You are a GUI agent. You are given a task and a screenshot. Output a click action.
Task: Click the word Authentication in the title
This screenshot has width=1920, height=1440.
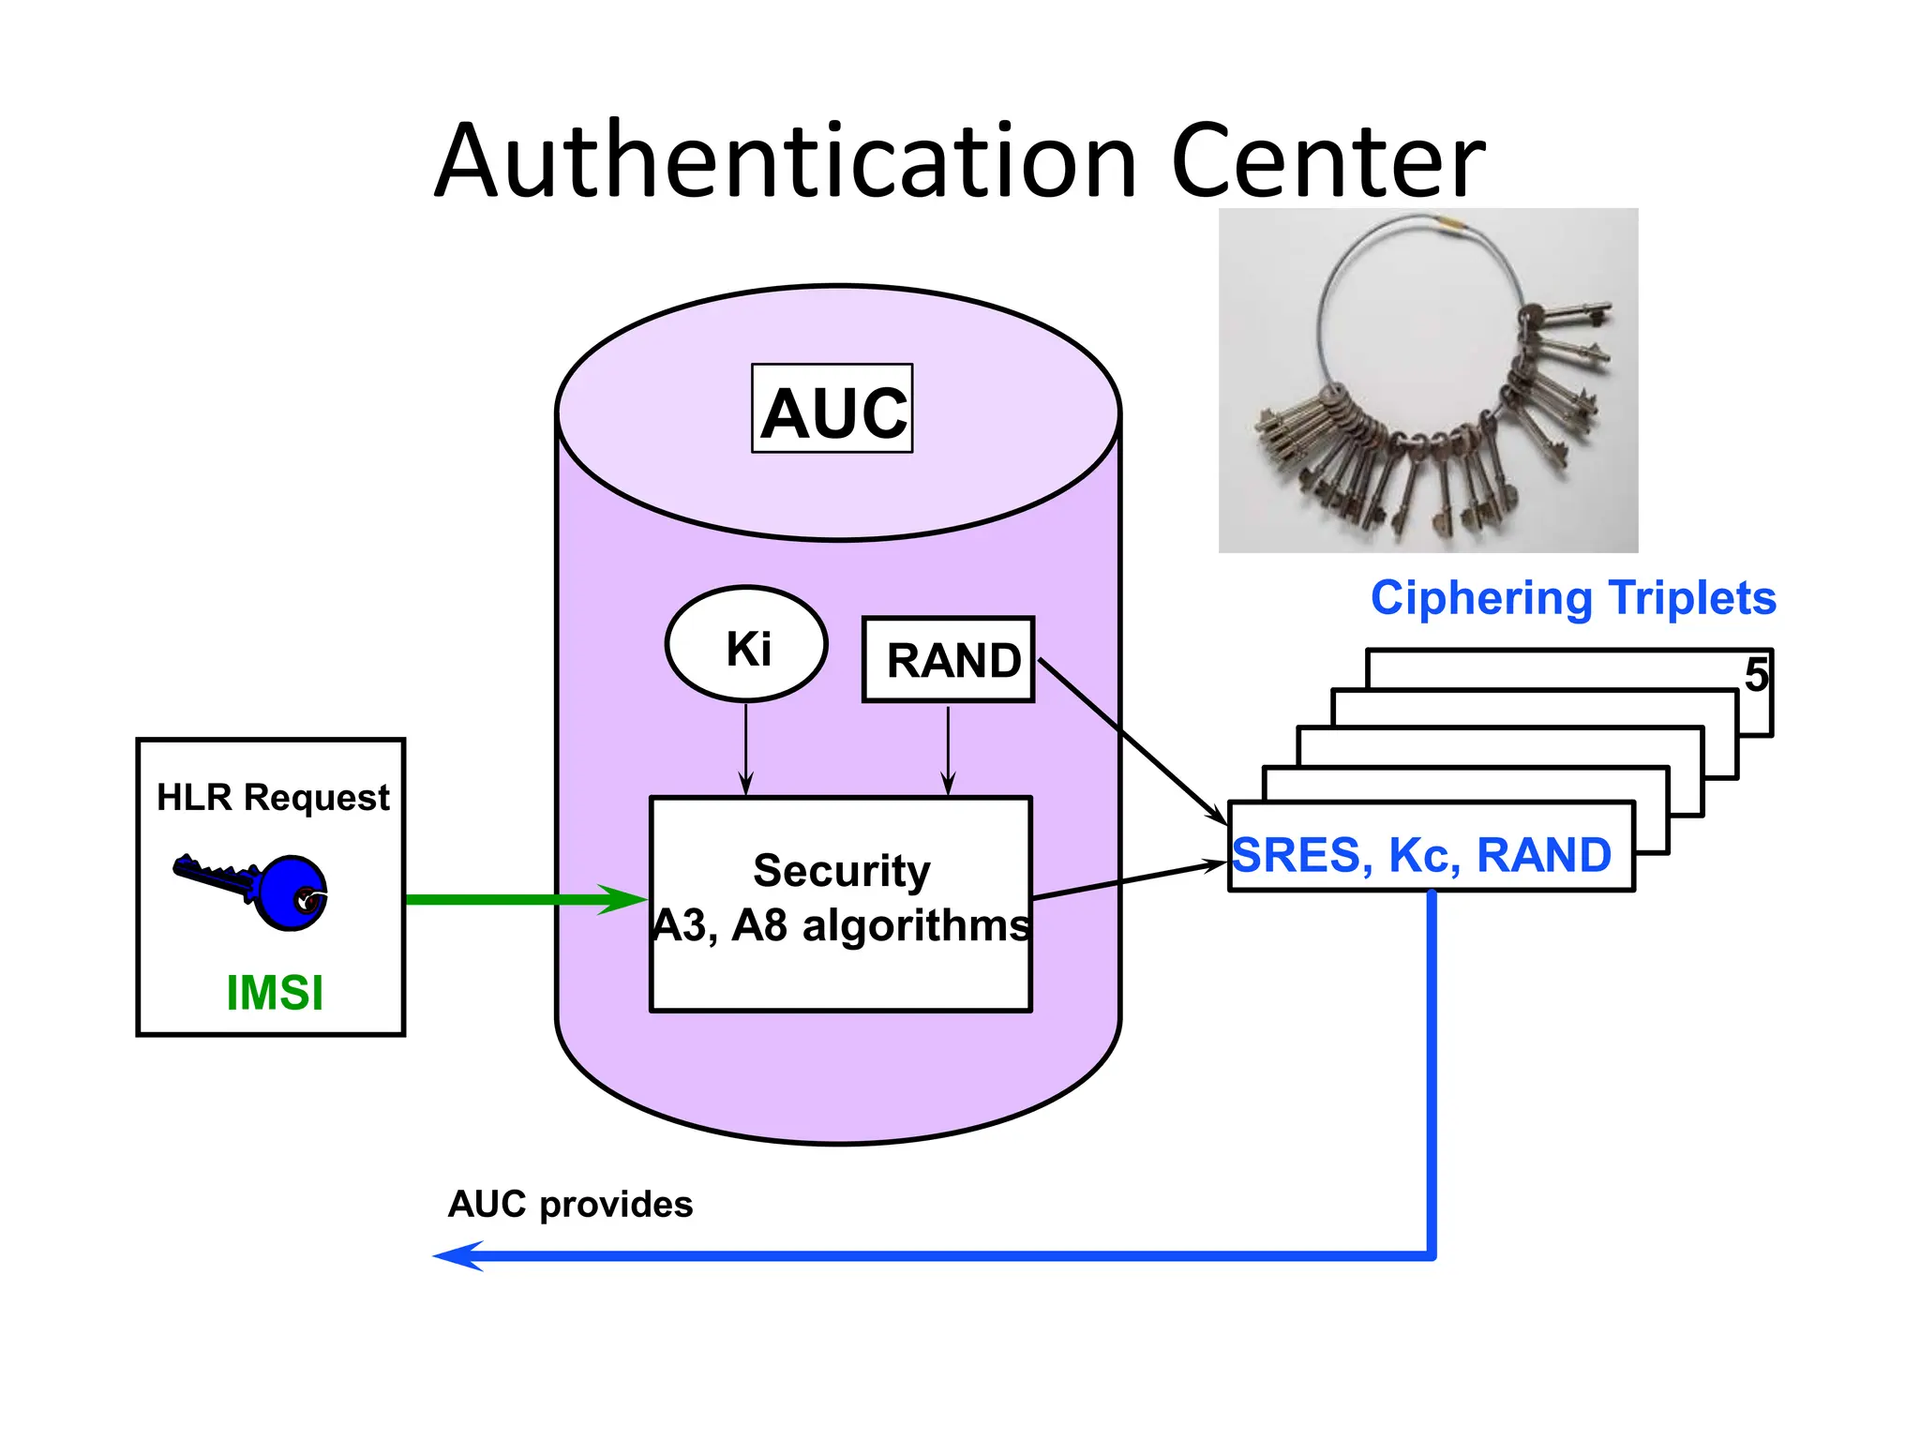(786, 161)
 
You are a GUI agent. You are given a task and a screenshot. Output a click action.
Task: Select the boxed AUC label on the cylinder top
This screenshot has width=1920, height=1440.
(832, 411)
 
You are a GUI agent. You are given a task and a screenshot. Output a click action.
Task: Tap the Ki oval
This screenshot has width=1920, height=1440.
(747, 645)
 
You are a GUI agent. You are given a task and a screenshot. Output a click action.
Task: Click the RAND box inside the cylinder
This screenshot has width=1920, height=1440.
(949, 660)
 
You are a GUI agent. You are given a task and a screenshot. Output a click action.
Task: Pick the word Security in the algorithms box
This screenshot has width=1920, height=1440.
(842, 871)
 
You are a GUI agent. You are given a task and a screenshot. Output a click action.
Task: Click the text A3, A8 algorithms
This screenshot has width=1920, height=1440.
(841, 925)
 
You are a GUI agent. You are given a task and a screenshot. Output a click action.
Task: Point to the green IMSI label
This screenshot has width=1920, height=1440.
(275, 993)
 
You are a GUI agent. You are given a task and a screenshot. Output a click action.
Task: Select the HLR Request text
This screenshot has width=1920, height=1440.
(272, 797)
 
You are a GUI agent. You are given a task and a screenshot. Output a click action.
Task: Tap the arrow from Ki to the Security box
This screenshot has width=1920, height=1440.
(746, 750)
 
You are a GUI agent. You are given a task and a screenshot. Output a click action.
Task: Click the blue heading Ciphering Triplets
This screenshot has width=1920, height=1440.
(1573, 597)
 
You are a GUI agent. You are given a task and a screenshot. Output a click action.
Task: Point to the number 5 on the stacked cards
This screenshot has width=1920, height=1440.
(1756, 675)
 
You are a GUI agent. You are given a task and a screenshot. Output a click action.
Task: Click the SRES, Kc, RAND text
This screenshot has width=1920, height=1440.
(1421, 855)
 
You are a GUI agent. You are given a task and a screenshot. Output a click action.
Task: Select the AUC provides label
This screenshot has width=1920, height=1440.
(570, 1205)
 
